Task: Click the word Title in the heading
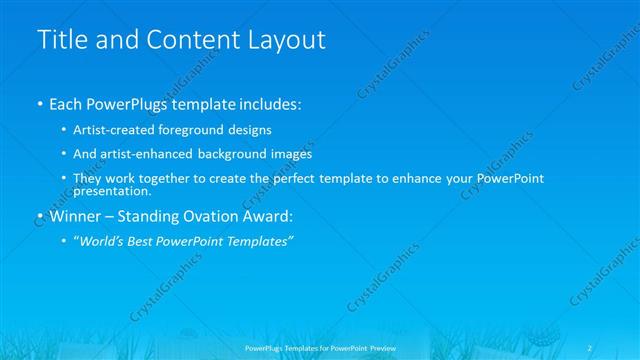59,41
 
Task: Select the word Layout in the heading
287,41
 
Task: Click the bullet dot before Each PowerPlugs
39,104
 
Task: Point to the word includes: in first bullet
265,104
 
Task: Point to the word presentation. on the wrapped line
112,190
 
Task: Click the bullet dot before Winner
39,216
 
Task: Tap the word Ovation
209,216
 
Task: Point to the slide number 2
591,348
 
